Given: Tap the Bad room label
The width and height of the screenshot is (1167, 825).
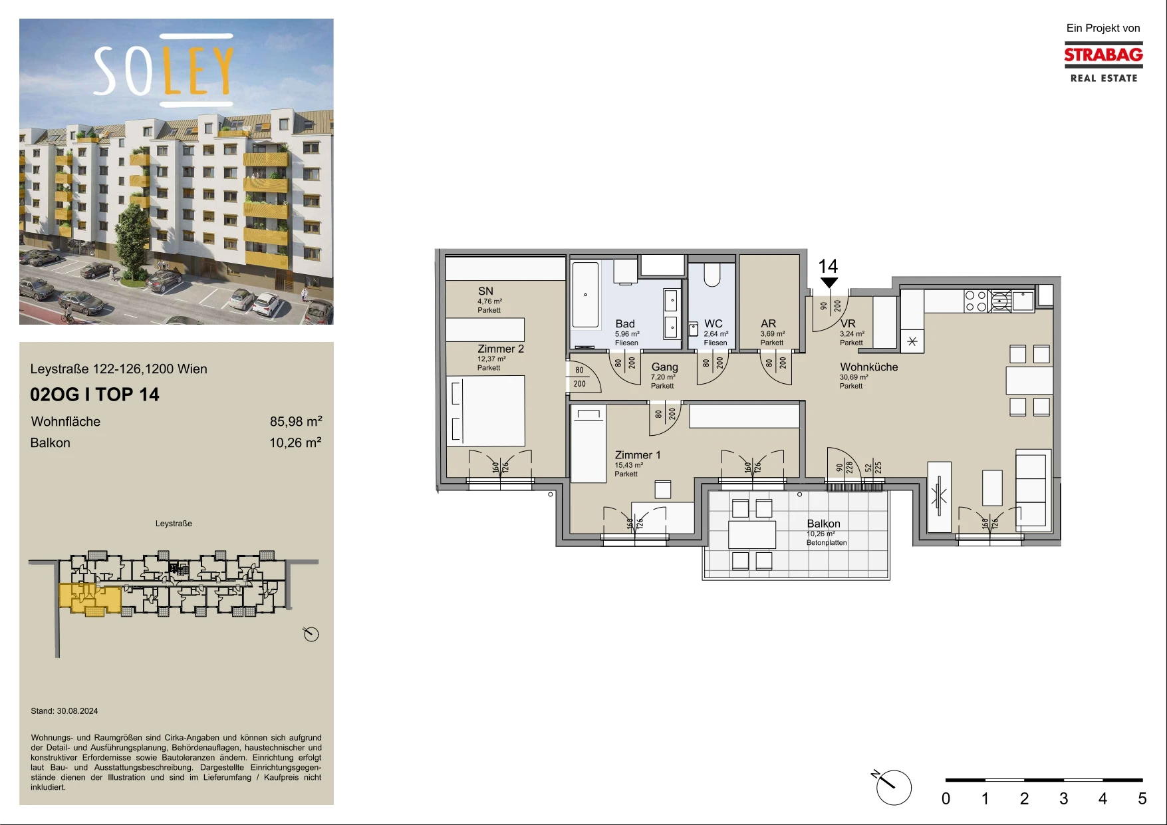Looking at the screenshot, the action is point(625,324).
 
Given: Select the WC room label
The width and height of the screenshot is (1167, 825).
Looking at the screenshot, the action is point(713,324).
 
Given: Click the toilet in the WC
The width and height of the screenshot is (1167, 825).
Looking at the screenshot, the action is point(712,275).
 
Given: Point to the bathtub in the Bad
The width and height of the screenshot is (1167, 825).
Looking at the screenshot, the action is point(586,294).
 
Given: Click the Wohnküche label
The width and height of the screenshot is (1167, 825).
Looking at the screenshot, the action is point(869,367).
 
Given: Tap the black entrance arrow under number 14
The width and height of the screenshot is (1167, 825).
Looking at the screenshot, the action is point(829,283).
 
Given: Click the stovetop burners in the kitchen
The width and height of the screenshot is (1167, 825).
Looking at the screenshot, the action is point(975,301).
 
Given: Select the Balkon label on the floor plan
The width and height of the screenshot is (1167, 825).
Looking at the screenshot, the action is point(824,524).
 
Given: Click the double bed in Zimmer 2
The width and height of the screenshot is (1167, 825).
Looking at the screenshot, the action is point(485,411).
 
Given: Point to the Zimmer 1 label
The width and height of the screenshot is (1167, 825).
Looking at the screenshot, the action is point(638,455).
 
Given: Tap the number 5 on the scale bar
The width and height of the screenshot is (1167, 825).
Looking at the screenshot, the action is point(1142,798).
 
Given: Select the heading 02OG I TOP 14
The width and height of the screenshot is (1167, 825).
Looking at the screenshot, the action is point(94,395).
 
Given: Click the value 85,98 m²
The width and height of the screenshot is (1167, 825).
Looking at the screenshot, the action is point(296,421).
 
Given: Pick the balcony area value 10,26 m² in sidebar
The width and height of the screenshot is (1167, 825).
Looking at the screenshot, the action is point(296,442).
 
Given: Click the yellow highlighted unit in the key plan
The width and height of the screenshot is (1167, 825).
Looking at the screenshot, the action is point(90,599).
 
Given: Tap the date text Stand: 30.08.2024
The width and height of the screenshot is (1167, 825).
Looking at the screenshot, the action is point(65,711).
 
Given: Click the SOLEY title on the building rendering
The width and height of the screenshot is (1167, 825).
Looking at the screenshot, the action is point(164,70).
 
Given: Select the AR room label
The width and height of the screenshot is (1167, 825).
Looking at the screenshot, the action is point(768,324).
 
